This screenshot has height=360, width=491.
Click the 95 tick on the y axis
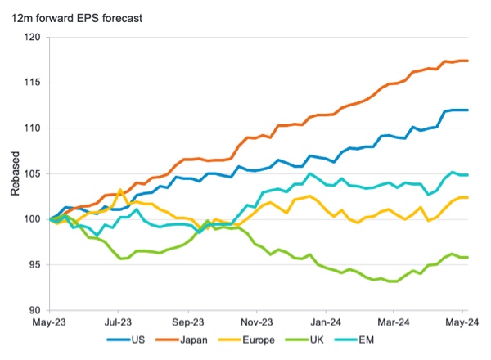34,264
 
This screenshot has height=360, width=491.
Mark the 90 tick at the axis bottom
34,310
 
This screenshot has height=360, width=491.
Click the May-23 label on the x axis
50,322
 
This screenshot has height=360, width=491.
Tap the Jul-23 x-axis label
119,322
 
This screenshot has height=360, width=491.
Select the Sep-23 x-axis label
188,322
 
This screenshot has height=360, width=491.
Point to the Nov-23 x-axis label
257,322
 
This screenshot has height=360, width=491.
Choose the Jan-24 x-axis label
326,322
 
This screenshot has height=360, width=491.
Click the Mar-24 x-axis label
394,322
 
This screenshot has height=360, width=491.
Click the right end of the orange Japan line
467,61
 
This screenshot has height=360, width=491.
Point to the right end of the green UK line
467,257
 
